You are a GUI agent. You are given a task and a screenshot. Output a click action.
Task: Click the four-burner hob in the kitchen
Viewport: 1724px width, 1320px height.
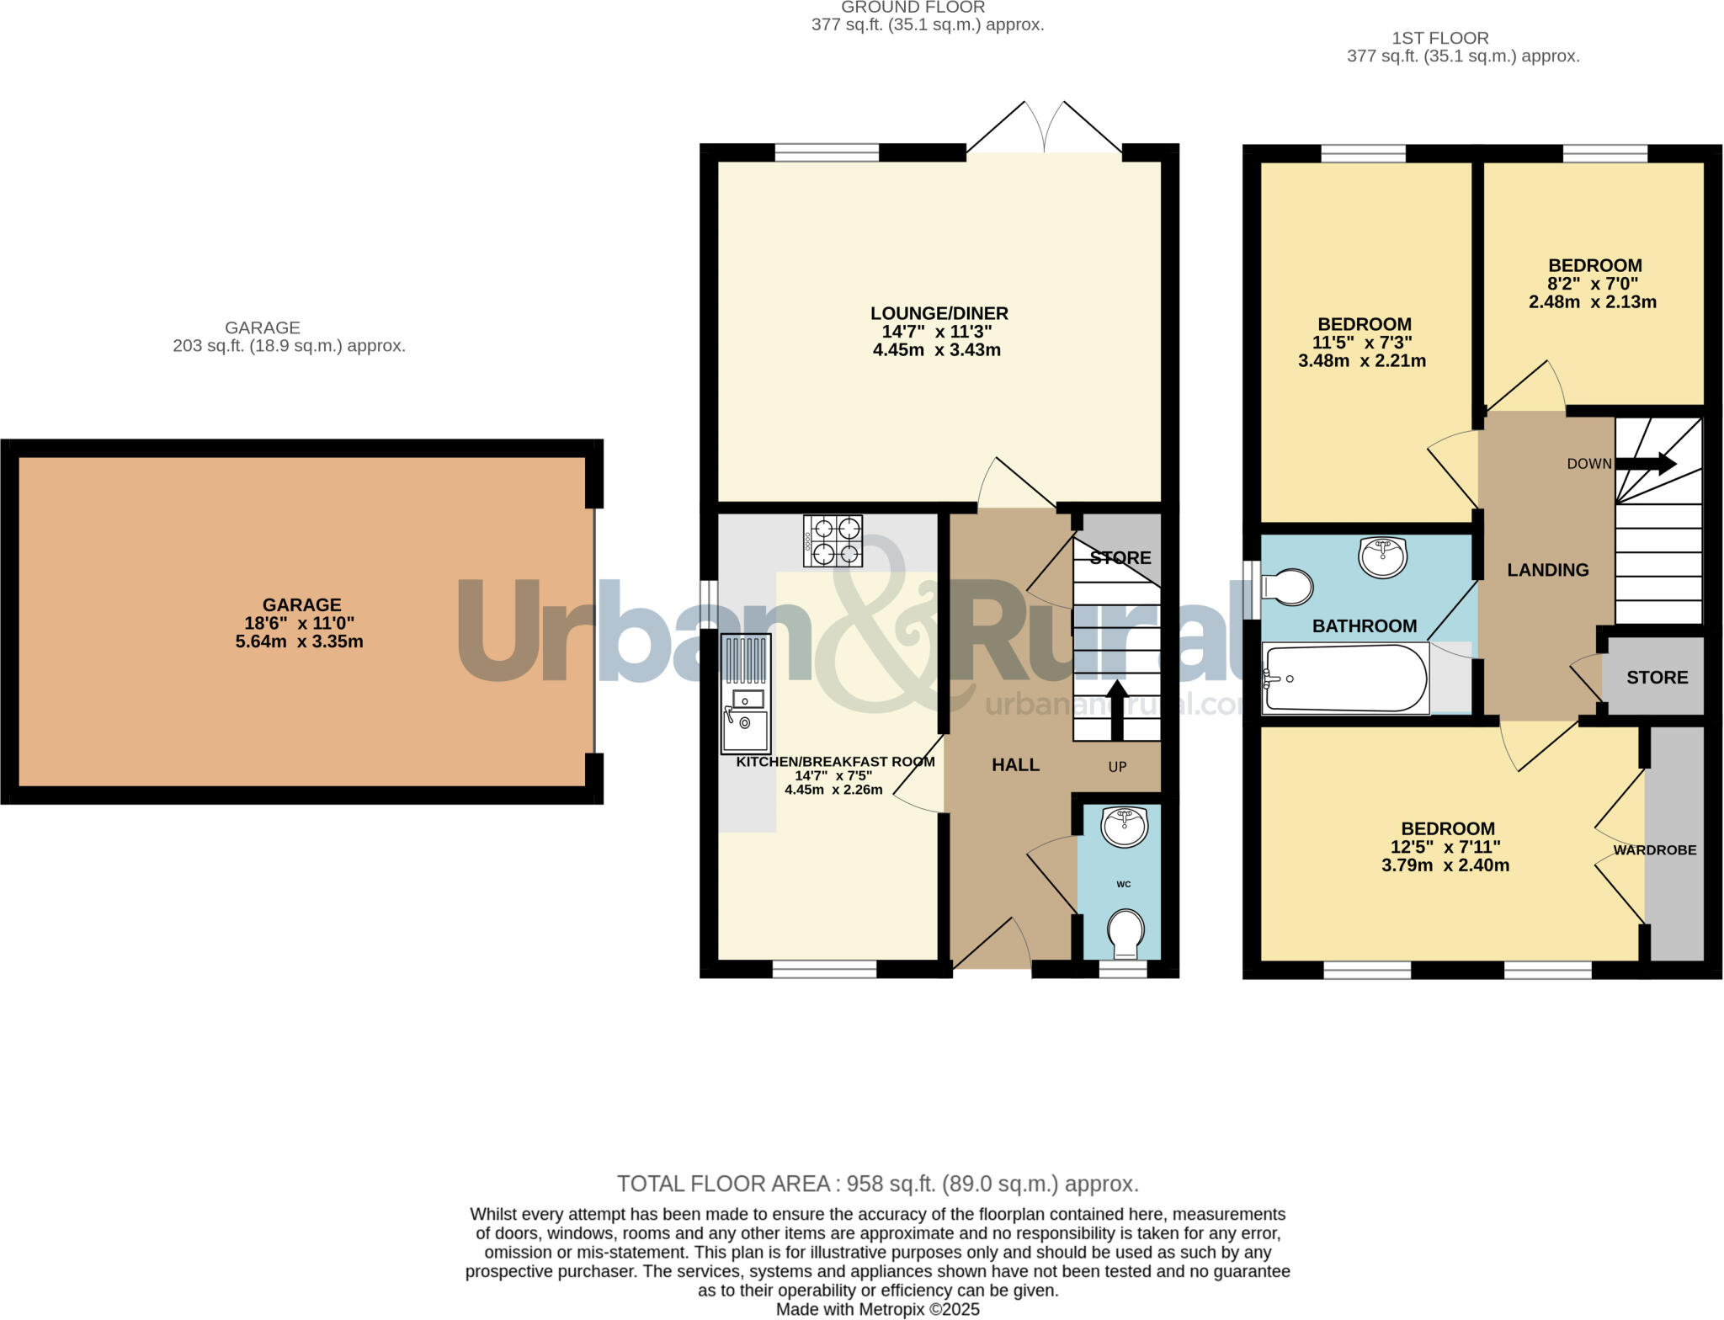(833, 540)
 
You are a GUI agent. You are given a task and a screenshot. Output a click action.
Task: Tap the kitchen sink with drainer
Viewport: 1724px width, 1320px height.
(746, 693)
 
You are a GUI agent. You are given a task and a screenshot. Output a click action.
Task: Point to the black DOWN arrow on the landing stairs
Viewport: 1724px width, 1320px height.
(1646, 464)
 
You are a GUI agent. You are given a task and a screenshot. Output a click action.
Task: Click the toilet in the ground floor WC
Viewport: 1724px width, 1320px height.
(1125, 934)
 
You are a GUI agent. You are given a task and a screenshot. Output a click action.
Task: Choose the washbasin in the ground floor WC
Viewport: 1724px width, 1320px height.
(1125, 827)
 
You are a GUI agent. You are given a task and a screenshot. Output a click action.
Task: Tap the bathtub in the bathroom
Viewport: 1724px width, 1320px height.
(1345, 679)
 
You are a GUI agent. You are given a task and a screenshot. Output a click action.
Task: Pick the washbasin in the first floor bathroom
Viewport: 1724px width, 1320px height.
(1382, 556)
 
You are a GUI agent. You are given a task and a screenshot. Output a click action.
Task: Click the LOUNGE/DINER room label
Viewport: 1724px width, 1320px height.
(939, 314)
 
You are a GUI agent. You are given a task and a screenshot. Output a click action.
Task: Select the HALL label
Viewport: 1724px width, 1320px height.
(1015, 765)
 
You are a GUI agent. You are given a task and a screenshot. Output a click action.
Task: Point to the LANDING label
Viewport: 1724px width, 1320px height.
(1547, 571)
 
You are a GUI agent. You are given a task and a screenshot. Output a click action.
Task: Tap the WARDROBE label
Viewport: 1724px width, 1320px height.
(1654, 850)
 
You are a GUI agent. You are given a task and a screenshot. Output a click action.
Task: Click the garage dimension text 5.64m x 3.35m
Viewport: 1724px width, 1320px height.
(300, 641)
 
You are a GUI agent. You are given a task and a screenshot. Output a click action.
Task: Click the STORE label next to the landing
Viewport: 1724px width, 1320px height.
(1657, 678)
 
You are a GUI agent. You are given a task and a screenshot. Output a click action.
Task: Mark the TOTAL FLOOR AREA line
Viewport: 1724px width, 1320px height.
(877, 1184)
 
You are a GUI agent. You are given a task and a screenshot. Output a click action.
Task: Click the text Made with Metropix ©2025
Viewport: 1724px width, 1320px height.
(877, 1310)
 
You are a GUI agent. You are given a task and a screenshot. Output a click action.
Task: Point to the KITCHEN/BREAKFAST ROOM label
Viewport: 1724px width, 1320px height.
(835, 762)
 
